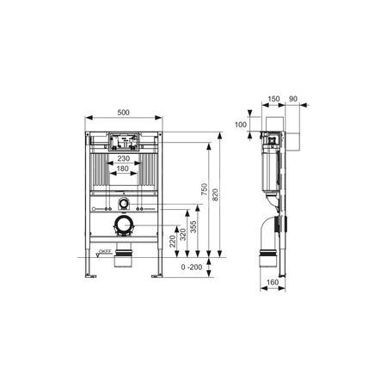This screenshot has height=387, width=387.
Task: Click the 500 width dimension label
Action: click(124, 113)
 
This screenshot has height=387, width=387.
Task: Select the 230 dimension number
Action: click(124, 158)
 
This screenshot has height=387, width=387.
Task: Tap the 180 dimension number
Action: click(123, 169)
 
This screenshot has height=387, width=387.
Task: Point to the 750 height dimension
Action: click(204, 189)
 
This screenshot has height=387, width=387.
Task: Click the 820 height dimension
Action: click(215, 194)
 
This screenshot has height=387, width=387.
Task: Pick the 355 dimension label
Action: click(193, 227)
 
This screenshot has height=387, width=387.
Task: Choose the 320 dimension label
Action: click(182, 235)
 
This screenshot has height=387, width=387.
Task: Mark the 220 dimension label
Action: click(172, 242)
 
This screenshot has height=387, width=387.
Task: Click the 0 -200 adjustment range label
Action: click(192, 267)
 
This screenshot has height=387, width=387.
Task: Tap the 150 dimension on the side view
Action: click(273, 99)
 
